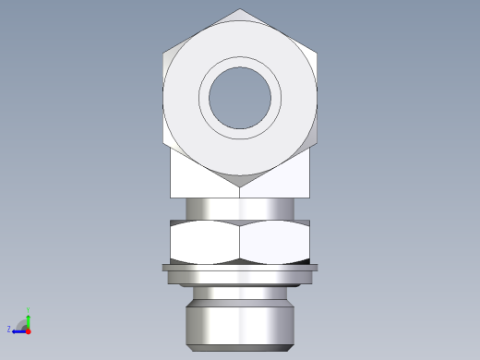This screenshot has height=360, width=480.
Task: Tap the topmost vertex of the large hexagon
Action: click(241, 10)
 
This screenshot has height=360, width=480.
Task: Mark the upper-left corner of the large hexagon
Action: click(163, 53)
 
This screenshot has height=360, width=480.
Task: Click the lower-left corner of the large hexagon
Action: click(163, 143)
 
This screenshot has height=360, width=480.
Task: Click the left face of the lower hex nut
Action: click(205, 243)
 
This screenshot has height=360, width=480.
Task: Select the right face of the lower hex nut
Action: click(274, 243)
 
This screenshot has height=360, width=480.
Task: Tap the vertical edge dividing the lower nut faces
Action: click(240, 243)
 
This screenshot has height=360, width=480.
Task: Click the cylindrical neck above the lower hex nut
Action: click(240, 209)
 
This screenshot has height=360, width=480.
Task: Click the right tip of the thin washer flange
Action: click(317, 269)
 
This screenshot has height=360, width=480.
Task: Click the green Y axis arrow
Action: click(29, 319)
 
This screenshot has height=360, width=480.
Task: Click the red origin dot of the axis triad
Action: click(29, 330)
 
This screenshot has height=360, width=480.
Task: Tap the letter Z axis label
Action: click(9, 330)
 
